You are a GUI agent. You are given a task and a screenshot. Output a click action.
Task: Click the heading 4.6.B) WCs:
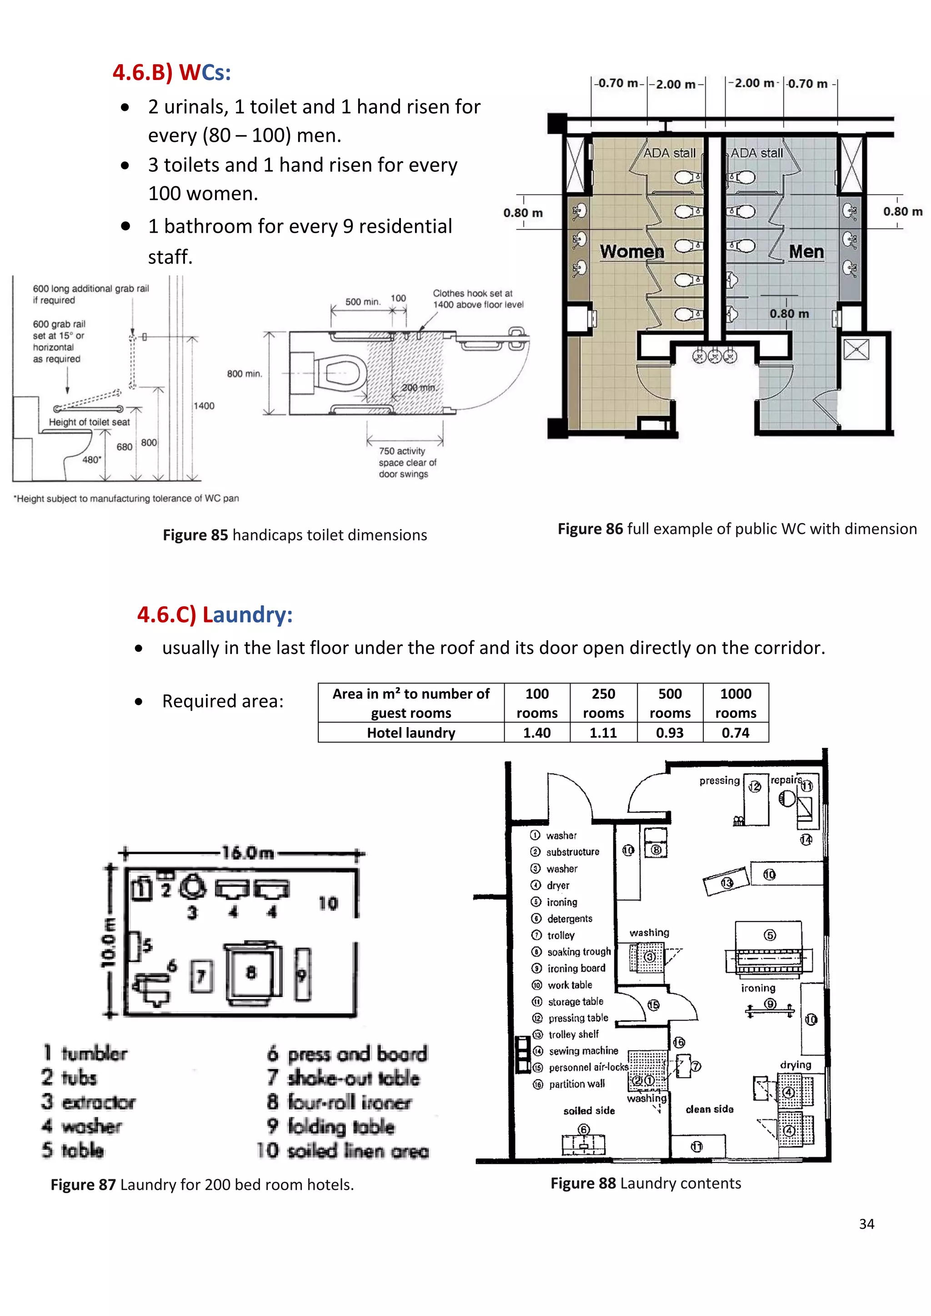171,73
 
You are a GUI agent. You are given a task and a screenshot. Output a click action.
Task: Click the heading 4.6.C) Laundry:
215,614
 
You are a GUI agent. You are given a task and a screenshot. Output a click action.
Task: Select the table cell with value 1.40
536,733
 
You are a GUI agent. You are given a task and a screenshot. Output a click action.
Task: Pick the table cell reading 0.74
736,733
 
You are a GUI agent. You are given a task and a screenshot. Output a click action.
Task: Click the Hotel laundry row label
411,733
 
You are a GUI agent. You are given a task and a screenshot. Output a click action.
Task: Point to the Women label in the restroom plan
632,252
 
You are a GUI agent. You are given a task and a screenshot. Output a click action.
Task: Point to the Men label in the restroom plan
806,252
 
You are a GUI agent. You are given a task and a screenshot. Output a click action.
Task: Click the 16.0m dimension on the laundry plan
248,853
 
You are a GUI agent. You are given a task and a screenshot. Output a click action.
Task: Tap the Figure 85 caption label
195,535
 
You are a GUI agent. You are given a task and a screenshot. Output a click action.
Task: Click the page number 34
866,1224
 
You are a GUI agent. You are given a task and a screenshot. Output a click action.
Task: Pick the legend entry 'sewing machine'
583,1051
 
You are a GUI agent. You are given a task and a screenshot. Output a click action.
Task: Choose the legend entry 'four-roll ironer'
349,1102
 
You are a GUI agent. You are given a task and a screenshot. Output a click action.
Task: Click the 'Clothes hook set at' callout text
472,293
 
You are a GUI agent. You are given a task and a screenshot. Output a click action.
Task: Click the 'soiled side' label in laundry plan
589,1110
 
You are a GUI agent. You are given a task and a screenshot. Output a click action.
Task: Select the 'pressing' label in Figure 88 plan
719,781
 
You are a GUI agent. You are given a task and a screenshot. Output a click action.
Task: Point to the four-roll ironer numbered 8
251,972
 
